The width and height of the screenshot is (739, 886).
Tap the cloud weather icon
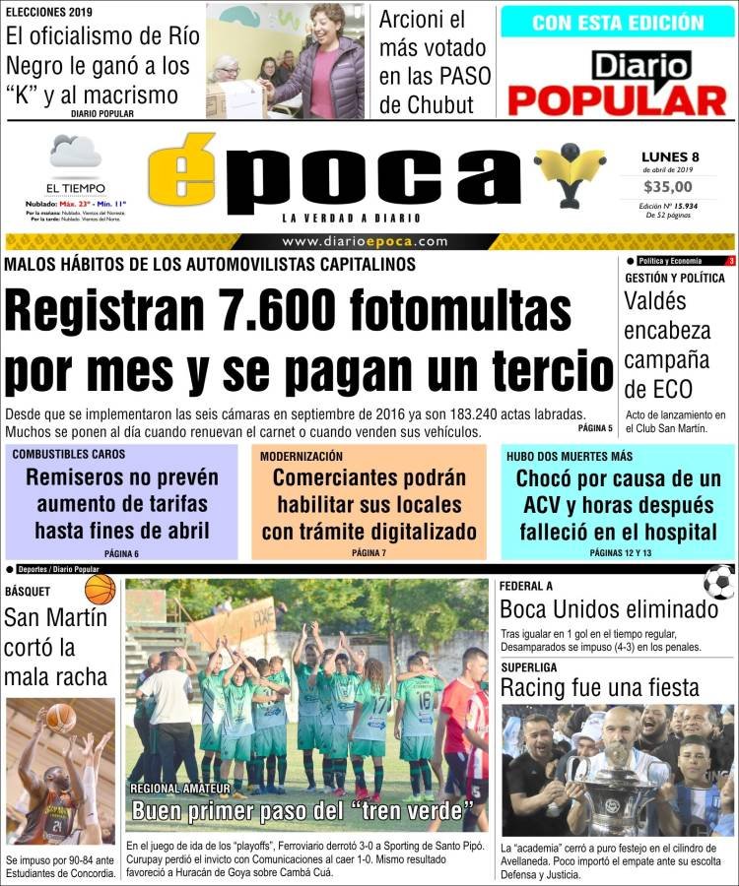point(75,154)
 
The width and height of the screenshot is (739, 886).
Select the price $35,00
point(670,187)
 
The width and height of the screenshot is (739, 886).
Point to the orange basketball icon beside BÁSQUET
point(100,590)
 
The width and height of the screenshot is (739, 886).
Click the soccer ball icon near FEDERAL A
point(719,583)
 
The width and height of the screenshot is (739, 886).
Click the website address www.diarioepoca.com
point(365,241)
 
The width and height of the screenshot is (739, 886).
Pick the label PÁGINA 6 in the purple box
point(121,554)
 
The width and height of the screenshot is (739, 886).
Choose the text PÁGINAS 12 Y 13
point(620,553)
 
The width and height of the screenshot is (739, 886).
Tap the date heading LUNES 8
point(670,156)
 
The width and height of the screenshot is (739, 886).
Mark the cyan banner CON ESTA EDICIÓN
point(617,22)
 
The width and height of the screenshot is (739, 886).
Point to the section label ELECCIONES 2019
point(49,12)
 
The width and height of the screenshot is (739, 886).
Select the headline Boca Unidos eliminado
point(608,609)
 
